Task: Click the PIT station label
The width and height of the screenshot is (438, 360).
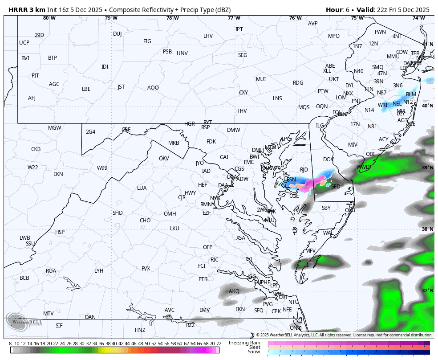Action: coord(35,76)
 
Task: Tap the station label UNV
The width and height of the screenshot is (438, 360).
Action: coord(182,53)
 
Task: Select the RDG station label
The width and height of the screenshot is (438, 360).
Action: coord(298,83)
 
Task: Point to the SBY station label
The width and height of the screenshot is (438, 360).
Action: coord(326,208)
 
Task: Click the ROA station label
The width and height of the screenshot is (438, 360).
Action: coord(51,271)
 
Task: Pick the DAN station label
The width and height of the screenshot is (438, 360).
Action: coord(90,317)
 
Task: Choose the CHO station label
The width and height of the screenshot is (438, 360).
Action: coord(145,221)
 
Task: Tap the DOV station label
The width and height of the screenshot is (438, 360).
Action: coord(328,160)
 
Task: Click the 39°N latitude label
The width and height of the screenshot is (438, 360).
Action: coord(428,168)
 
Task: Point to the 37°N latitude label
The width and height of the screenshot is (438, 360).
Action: coord(428,290)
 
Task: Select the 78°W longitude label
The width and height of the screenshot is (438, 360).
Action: coord(172,18)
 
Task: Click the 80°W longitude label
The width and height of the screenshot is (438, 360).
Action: coord(49,18)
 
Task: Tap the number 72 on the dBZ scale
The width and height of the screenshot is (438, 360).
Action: coord(219,344)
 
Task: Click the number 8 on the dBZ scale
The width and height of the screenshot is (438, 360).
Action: coord(10,344)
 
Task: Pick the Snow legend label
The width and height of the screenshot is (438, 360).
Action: coord(254,352)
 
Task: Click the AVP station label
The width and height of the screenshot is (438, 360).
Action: coord(313,24)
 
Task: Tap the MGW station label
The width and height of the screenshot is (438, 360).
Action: coord(54,128)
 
